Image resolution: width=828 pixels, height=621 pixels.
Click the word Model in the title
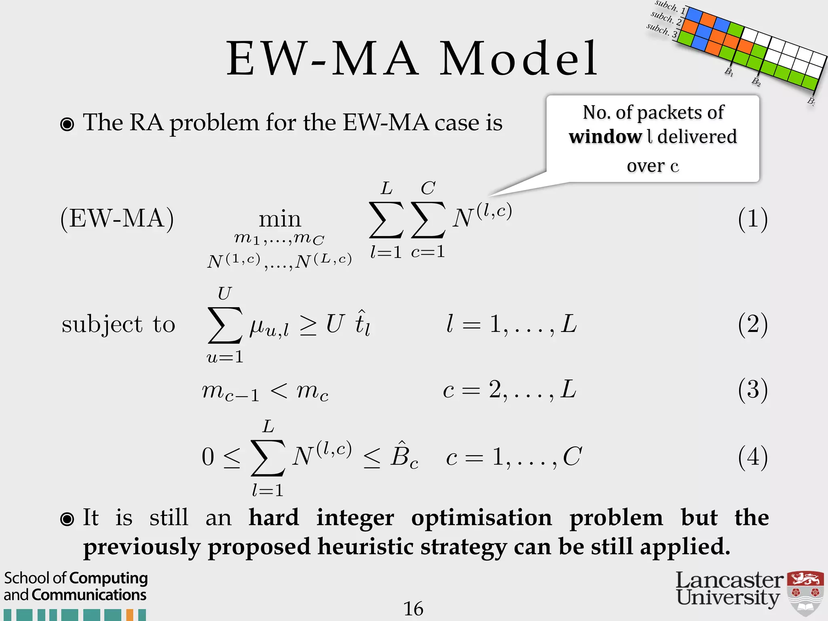click(518, 59)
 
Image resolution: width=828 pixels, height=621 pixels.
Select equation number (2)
click(752, 324)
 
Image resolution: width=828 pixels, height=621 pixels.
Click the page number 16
click(413, 608)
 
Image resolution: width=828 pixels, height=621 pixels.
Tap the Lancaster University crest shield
click(805, 593)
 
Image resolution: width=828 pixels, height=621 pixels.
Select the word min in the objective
click(280, 220)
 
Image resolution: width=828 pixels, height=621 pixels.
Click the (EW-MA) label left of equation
click(117, 219)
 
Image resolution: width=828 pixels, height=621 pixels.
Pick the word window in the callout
click(605, 137)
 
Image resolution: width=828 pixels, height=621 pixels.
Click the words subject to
click(118, 325)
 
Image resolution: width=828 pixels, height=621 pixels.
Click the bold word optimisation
click(481, 518)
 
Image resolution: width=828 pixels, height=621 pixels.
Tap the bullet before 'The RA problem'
click(67, 124)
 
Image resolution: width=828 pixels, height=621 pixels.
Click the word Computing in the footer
click(109, 578)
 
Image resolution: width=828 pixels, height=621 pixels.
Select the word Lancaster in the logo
click(729, 581)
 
